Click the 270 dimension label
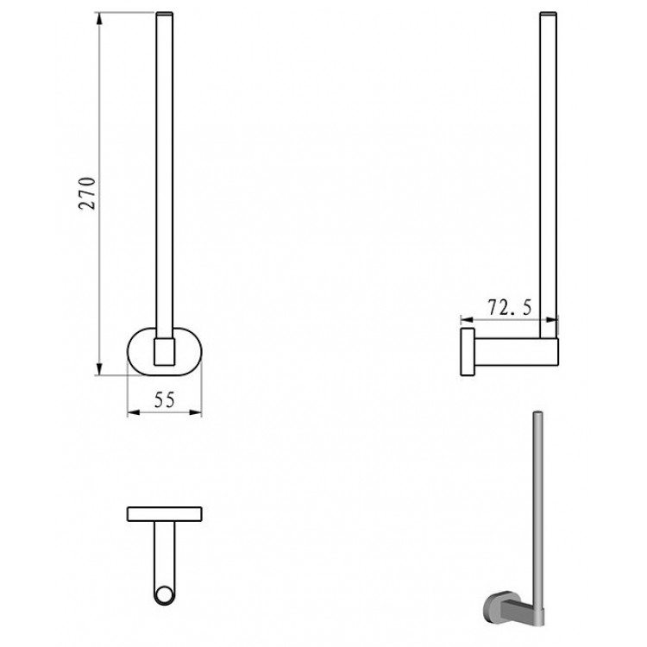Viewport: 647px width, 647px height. point(87,193)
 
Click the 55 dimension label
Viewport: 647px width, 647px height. point(165,399)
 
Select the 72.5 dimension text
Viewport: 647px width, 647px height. point(510,307)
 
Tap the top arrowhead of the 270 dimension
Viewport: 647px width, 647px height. point(99,19)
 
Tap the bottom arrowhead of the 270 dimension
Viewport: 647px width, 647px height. point(99,369)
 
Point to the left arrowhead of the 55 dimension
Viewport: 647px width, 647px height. point(134,412)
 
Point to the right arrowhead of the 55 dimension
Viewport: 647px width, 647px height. point(195,412)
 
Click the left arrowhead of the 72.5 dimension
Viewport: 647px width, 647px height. point(467,319)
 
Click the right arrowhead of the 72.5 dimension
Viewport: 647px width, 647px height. point(552,319)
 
